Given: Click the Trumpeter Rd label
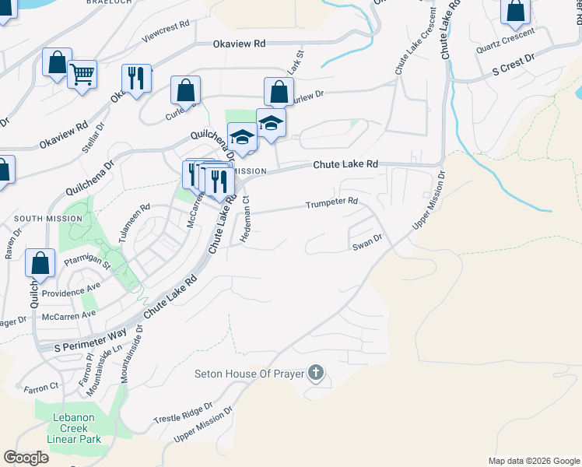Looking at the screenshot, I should (x=331, y=202).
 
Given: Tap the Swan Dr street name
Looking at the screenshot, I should (x=367, y=244).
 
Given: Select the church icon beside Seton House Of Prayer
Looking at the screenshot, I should (x=315, y=374).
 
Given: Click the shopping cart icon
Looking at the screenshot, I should (x=82, y=75).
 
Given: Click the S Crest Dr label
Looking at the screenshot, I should (x=514, y=65).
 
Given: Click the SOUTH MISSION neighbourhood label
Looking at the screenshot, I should (x=47, y=219).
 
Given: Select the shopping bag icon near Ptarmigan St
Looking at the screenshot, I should (x=40, y=263).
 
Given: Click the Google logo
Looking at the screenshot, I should (x=26, y=458).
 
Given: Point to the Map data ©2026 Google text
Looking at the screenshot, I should (x=533, y=461).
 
